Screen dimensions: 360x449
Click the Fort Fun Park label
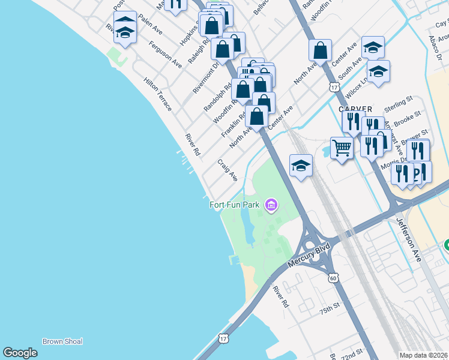coord(235,205)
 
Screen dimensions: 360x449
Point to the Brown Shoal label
coord(62,341)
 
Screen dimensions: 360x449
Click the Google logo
coord(20,353)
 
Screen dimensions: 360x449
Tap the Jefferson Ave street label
coord(409,239)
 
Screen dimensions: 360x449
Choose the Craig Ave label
coord(228,170)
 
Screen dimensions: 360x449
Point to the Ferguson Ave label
coord(166,55)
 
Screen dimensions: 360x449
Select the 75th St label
coord(330,310)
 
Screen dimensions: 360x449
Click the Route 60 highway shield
coord(333,277)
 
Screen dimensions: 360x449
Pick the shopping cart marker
coord(342,147)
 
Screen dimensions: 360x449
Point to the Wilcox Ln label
coord(356,89)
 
